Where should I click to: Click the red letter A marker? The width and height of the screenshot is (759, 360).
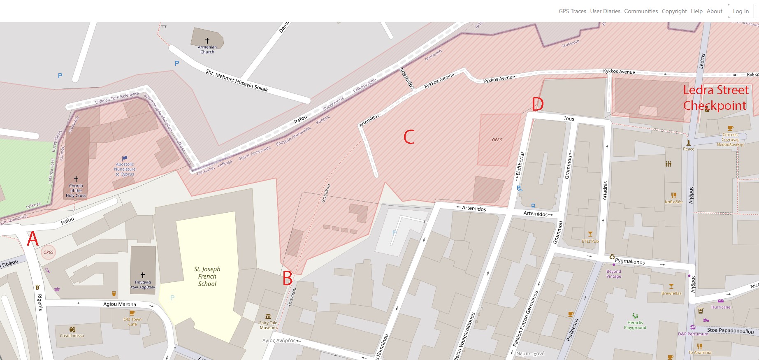(32, 239)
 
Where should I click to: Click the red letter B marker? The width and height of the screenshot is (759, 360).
(288, 279)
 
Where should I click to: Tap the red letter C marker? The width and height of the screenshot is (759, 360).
(409, 137)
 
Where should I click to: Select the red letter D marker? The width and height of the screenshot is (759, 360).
(538, 104)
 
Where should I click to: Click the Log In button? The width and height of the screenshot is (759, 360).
(740, 11)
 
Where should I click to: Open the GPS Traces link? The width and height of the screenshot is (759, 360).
(572, 11)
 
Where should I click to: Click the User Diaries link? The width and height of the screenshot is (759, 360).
(605, 11)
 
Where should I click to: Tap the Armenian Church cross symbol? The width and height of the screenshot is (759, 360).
(207, 40)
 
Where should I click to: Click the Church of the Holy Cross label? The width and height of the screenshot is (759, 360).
(76, 190)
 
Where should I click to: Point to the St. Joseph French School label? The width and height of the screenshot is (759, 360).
(207, 276)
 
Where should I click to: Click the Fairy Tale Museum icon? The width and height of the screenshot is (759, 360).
(268, 316)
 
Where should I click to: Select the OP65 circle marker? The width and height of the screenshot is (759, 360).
(48, 252)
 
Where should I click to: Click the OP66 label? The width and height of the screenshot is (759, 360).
(497, 140)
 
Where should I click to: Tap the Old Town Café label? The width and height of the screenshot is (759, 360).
(132, 321)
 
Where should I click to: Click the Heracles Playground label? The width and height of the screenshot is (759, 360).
(635, 325)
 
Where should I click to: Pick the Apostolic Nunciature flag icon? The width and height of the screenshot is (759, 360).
(125, 158)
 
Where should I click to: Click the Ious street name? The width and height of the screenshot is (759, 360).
(569, 118)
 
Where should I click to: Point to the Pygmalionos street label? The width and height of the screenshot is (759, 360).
(629, 261)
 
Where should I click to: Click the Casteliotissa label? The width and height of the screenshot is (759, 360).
(72, 336)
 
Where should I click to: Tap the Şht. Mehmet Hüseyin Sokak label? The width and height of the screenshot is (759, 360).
(237, 81)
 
